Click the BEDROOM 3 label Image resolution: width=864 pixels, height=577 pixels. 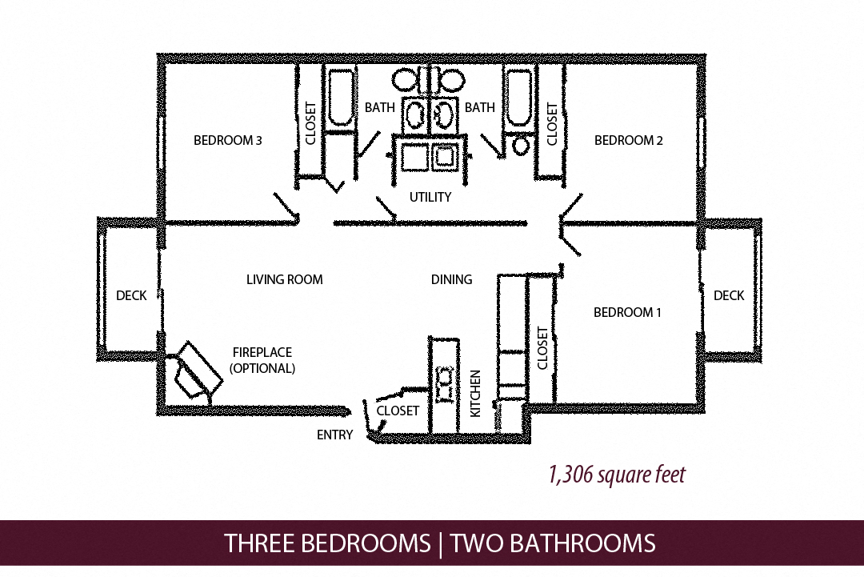228,141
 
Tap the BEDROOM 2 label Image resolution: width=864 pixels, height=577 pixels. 629,141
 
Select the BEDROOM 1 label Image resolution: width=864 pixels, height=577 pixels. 627,312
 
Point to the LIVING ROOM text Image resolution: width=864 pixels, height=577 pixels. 284,279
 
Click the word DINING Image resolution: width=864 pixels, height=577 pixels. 451,279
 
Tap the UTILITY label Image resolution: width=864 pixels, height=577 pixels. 430,197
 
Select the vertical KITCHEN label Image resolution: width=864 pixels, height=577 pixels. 475,393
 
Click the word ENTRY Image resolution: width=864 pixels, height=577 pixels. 334,435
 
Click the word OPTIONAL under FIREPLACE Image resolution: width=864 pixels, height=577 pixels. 262,369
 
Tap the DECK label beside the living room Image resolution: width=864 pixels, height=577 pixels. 131,295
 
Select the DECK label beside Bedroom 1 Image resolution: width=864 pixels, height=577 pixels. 729,295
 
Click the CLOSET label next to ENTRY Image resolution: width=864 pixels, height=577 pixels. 398,411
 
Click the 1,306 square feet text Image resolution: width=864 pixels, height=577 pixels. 616,475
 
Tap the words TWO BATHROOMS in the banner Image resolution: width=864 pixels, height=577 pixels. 553,544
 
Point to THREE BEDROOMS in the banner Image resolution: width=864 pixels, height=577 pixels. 327,544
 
